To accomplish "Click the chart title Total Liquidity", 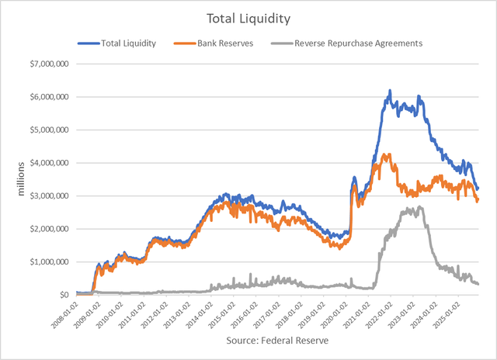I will pyautogui.click(x=248, y=16).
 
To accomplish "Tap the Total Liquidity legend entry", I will pyautogui.click(x=129, y=43).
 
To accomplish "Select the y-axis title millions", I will pyautogui.click(x=11, y=179).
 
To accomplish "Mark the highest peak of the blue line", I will pyautogui.click(x=389, y=91).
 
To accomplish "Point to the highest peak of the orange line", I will pyautogui.click(x=386, y=154).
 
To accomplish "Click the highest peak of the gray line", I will pyautogui.click(x=419, y=206).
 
